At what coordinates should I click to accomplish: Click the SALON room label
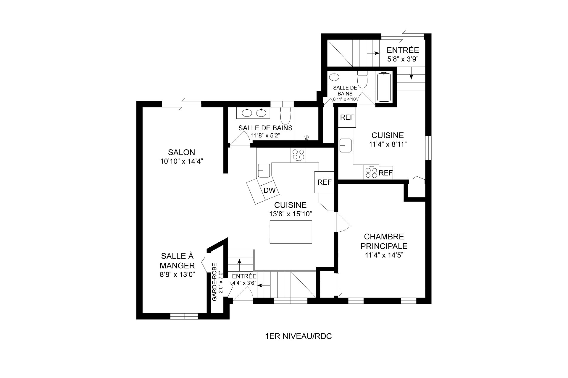181,152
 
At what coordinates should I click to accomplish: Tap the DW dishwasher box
270,191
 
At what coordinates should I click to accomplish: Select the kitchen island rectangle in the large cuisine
291,232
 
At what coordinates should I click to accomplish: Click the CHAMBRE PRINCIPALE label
384,241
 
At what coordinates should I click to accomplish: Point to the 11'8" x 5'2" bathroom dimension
265,135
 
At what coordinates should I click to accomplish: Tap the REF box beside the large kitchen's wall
325,182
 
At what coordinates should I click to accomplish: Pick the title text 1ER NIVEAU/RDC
298,336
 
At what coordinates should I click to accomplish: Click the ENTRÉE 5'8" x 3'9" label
403,54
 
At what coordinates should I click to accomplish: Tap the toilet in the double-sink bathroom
285,115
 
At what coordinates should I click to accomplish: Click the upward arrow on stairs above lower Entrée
239,261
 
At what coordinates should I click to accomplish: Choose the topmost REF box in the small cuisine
347,117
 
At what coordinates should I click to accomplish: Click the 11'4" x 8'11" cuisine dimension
388,144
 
